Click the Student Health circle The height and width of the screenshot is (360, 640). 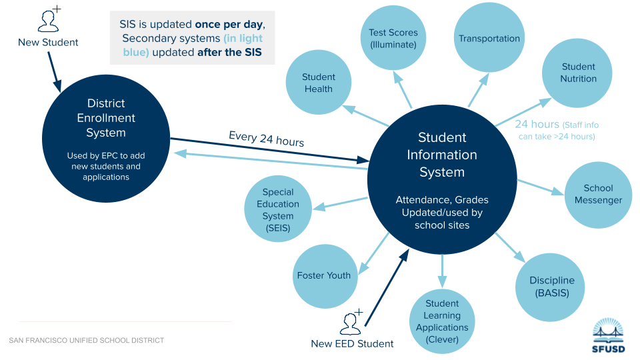(x=319, y=83)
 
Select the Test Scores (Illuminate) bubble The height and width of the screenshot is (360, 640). (x=393, y=38)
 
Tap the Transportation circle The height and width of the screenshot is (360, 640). (x=489, y=39)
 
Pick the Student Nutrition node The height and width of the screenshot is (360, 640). (x=578, y=73)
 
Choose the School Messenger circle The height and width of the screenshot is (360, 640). (x=598, y=195)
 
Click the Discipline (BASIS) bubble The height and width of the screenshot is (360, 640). (x=551, y=287)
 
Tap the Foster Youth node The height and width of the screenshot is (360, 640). (x=324, y=275)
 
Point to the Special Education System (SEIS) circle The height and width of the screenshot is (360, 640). (x=278, y=209)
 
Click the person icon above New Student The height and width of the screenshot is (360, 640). (x=49, y=20)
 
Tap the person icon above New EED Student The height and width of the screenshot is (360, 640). (x=351, y=323)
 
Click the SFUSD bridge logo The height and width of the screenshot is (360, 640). (x=609, y=333)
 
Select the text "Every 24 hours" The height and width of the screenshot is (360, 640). (x=266, y=139)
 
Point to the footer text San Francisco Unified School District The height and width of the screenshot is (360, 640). (x=87, y=341)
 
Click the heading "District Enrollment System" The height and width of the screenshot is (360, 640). (x=106, y=118)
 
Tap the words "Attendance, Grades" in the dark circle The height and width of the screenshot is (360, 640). (x=442, y=200)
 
